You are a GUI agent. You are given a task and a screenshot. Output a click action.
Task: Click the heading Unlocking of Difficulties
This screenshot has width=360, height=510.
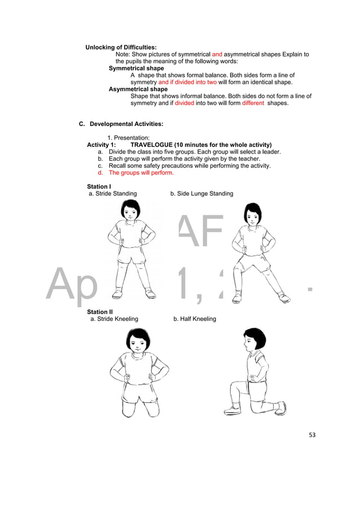121,47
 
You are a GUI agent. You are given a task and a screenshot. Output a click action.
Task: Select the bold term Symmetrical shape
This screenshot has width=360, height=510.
136,68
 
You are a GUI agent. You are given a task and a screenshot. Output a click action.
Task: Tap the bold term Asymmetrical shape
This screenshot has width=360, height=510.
138,89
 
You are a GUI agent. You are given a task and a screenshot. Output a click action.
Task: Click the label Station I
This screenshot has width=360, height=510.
99,186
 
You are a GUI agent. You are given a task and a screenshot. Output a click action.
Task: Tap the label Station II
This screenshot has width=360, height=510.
100,312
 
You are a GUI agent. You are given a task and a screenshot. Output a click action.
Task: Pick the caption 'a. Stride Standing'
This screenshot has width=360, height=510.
113,194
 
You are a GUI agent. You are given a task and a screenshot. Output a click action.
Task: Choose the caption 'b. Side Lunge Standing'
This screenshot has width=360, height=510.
201,194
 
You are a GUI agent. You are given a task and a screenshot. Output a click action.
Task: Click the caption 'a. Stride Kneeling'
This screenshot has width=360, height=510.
115,319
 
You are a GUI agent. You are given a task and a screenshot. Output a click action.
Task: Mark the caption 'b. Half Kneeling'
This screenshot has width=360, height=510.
195,319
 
